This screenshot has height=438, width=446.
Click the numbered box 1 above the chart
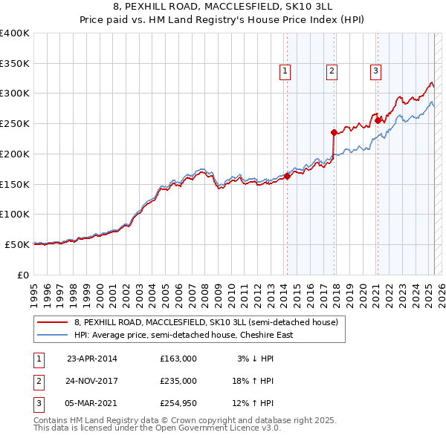285,71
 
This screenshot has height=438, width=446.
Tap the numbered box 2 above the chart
331,71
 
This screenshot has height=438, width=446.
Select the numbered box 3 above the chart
376,71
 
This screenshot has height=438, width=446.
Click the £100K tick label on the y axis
15,214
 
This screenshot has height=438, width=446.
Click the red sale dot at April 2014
287,176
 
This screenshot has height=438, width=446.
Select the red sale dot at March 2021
378,120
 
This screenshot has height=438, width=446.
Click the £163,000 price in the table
178,359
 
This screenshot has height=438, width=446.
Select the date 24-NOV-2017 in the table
92,381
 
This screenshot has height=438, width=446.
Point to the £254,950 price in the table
178,403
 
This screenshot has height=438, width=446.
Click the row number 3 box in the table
39,403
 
